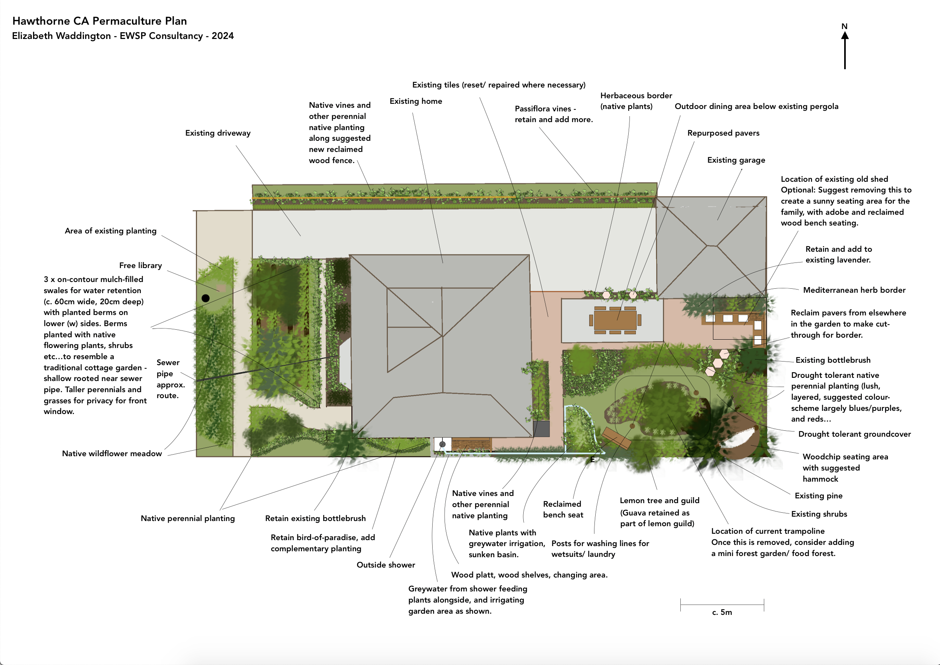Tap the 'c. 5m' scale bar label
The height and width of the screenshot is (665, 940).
722,612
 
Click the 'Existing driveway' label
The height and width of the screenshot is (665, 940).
218,133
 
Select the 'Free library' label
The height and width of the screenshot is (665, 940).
140,265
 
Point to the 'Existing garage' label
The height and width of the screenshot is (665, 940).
736,160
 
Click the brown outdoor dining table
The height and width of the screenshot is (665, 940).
615,320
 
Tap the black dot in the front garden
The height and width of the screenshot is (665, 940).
206,298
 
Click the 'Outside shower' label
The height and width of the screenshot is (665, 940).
386,565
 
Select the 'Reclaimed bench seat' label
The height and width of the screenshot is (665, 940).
563,509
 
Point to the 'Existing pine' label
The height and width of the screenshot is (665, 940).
818,496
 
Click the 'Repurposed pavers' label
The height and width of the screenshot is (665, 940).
723,133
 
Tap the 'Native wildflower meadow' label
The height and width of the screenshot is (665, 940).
112,453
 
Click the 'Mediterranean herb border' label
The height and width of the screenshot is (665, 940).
854,290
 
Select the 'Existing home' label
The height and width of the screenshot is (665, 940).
416,101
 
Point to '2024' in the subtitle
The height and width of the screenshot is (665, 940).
222,36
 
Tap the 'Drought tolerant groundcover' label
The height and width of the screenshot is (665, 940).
855,434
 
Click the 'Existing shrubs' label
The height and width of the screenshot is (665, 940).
819,514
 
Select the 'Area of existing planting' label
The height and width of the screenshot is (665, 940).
111,231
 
